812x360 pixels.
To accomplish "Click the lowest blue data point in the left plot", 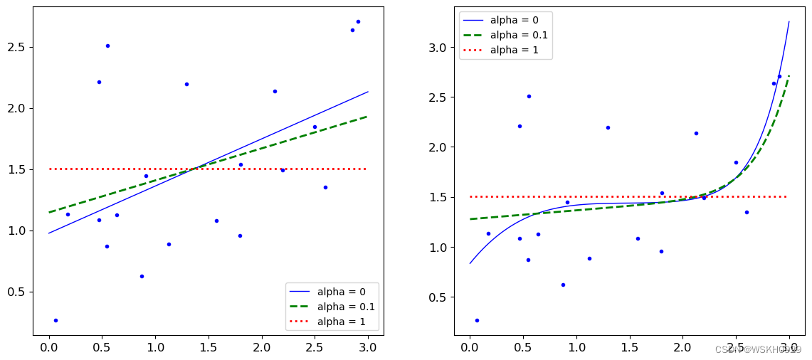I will point(56,320).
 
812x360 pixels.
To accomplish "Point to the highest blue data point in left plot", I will point(358,21).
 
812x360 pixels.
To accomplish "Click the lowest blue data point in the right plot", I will point(477,320).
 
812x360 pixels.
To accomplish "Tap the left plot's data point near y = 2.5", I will point(107,46).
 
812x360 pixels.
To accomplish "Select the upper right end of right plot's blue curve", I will point(789,22).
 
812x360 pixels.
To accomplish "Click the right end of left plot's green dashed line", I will point(367,116).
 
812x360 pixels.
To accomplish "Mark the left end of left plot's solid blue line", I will point(49,233).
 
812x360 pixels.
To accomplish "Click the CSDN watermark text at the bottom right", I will point(758,350).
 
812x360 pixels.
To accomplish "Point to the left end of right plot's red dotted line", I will point(470,196).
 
